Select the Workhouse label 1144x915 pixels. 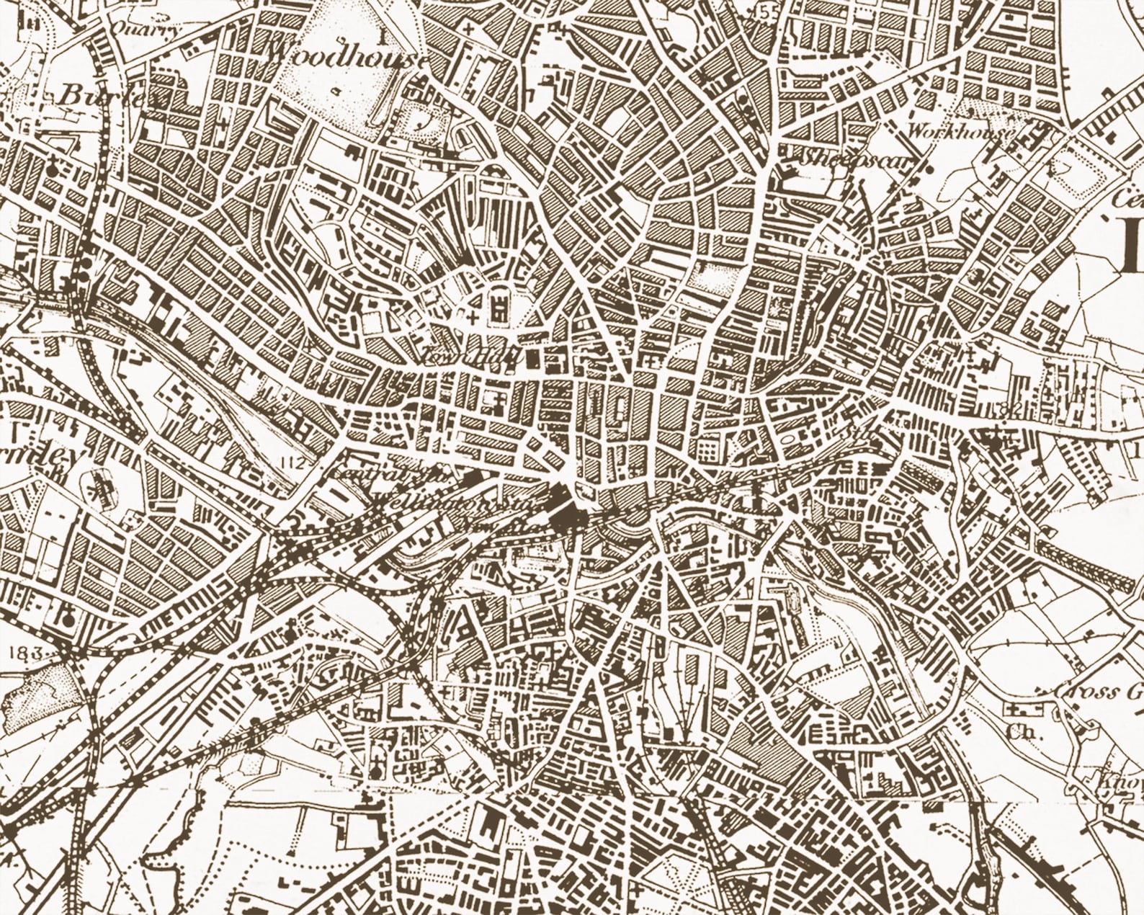(x=960, y=132)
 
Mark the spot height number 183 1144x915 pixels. (x=27, y=651)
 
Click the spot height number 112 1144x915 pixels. (x=293, y=463)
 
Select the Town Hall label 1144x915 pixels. (x=472, y=354)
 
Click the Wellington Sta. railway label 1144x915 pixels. (x=432, y=502)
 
